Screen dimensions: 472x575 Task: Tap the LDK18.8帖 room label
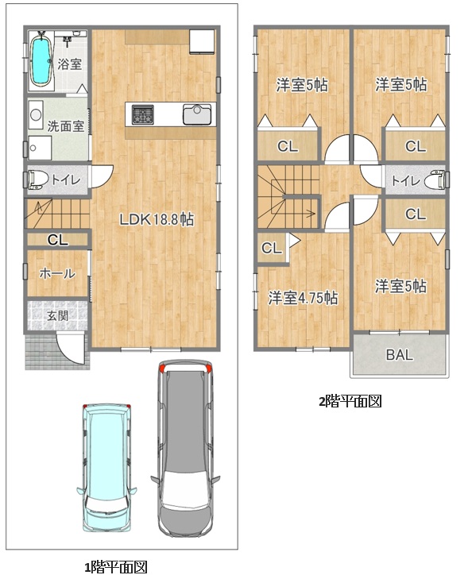157,220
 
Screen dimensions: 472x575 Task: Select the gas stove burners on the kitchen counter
143,114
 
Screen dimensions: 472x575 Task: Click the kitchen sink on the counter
197,114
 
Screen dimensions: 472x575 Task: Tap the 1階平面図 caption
116,566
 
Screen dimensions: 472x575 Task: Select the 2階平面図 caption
350,401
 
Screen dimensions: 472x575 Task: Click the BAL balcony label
400,354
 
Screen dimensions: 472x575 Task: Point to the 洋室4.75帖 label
304,298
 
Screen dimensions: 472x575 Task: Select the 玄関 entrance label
58,315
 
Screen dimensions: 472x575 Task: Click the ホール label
57,273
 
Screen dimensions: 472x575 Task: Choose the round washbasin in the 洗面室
36,115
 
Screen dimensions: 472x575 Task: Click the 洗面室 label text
66,126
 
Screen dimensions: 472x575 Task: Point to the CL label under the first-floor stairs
58,240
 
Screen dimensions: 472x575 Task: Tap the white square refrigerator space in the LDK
202,41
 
